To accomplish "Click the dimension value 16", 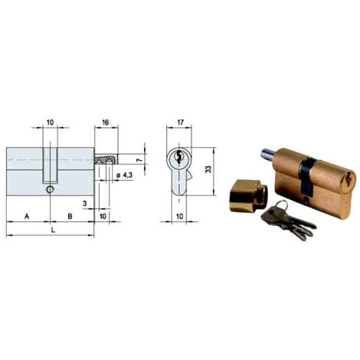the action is coord(105,123).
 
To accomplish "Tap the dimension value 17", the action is coord(180,123).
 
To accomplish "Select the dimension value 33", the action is coord(208,169).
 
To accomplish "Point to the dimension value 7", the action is coord(139,160).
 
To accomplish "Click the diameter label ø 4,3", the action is coord(124,175).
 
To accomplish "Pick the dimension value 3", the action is coord(85,204).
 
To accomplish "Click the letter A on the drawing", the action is coord(27,217).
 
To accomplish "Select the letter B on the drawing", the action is coord(70,217).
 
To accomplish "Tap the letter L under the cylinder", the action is coord(53,231).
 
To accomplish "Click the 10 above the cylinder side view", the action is coord(51,123).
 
